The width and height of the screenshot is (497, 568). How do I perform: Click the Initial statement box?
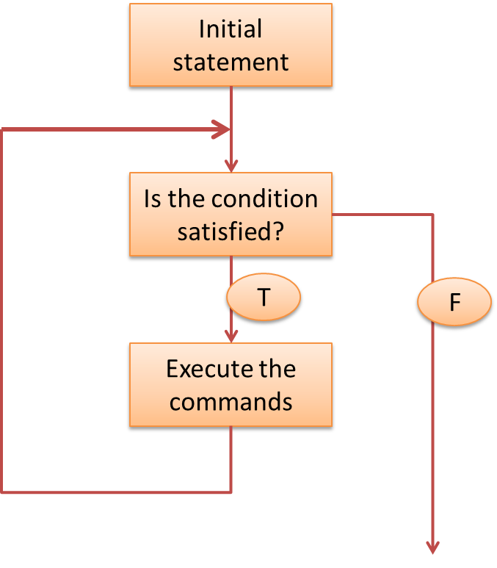[231, 46]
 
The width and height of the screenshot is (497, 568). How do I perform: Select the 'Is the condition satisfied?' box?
[231, 215]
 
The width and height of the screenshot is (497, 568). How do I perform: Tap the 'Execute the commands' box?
[231, 385]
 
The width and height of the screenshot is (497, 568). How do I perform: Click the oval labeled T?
[264, 298]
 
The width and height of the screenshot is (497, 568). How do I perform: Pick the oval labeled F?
[454, 302]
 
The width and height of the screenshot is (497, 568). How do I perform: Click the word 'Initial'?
[231, 30]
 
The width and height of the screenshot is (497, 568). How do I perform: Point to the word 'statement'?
[231, 62]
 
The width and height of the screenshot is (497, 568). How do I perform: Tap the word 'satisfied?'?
[231, 231]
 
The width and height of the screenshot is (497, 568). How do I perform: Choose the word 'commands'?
[231, 402]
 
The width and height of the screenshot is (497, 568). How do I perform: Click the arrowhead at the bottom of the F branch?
[433, 547]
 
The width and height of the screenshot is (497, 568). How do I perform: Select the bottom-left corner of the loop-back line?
[2, 492]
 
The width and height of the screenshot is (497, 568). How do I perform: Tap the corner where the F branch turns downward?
[433, 215]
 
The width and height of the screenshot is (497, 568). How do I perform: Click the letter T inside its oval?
[264, 298]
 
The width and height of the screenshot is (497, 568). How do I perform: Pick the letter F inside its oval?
[454, 303]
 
